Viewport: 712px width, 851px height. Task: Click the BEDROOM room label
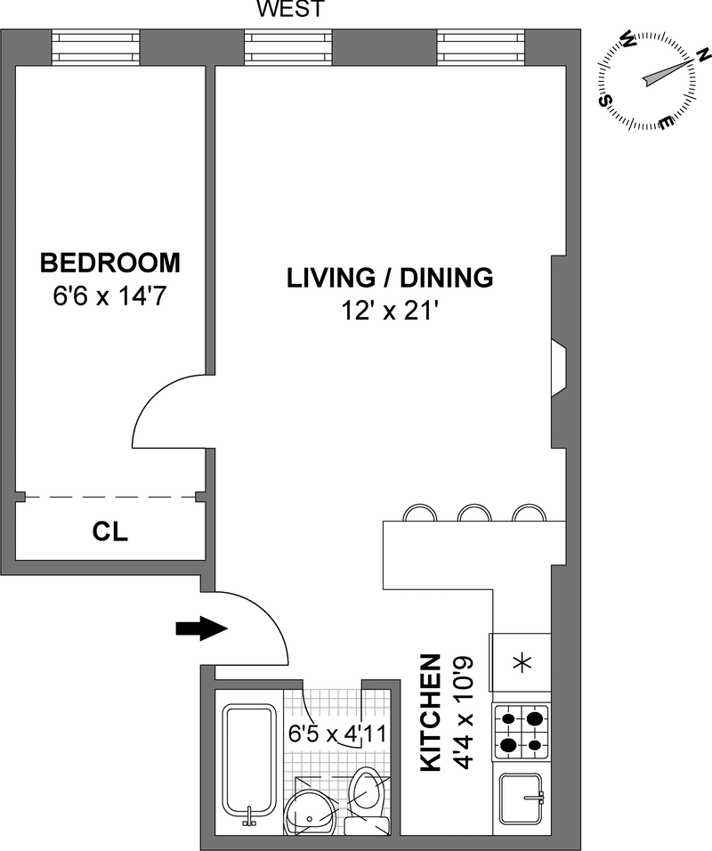pyautogui.click(x=110, y=263)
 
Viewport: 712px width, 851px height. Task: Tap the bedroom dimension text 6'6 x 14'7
pyautogui.click(x=109, y=296)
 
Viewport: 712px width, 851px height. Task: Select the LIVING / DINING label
pyautogui.click(x=390, y=278)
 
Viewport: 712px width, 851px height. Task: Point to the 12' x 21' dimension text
pyautogui.click(x=389, y=311)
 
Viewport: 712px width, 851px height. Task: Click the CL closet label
pyautogui.click(x=110, y=532)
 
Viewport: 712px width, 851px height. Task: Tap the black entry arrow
pyautogui.click(x=201, y=628)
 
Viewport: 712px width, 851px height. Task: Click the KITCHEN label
pyautogui.click(x=431, y=713)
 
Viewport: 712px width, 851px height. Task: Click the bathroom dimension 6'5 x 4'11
pyautogui.click(x=337, y=733)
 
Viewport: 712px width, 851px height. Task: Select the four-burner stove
pyautogui.click(x=522, y=732)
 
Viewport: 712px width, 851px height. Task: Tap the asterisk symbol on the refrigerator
pyautogui.click(x=522, y=663)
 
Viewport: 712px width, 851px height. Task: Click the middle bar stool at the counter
pyautogui.click(x=474, y=513)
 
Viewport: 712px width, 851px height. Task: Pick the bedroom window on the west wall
pyautogui.click(x=96, y=47)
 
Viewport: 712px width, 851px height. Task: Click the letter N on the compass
pyautogui.click(x=704, y=54)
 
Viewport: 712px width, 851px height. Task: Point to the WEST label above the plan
pyautogui.click(x=291, y=9)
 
